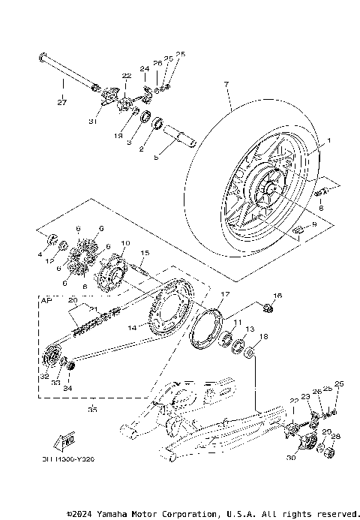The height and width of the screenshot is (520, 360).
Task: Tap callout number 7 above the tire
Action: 223,86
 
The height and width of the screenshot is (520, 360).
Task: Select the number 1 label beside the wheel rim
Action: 327,140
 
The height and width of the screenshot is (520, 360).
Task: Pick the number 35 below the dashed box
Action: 92,410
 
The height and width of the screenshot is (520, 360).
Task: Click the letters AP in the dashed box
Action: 46,299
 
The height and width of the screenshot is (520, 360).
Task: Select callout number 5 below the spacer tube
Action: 156,158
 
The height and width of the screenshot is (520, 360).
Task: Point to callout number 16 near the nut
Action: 277,296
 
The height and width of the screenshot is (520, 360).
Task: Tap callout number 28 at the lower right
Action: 336,436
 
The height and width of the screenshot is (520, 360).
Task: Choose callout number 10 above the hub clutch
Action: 125,244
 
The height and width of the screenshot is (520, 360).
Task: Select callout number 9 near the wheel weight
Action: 314,224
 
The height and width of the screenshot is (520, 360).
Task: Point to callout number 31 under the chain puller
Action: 93,122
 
